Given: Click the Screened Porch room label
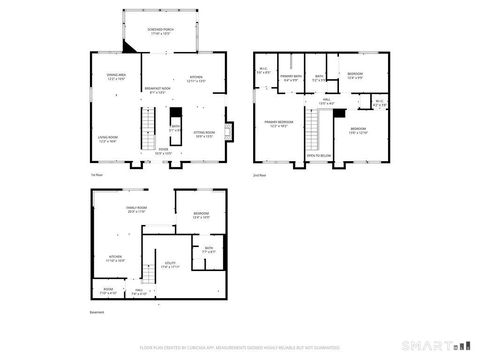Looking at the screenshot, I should pyautogui.click(x=160, y=29).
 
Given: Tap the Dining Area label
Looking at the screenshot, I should pyautogui.click(x=115, y=77).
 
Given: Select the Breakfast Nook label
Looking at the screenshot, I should pyautogui.click(x=155, y=91).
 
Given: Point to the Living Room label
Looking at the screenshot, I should pyautogui.click(x=108, y=139).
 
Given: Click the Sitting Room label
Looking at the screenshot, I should pyautogui.click(x=204, y=132).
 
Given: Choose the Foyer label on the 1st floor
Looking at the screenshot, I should pyautogui.click(x=162, y=151).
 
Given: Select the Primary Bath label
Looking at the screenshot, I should pyautogui.click(x=291, y=78).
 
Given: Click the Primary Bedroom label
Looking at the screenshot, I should pyautogui.click(x=277, y=124).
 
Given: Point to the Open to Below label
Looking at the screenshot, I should pyautogui.click(x=319, y=156).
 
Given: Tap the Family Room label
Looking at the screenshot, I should pyautogui.click(x=136, y=210).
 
